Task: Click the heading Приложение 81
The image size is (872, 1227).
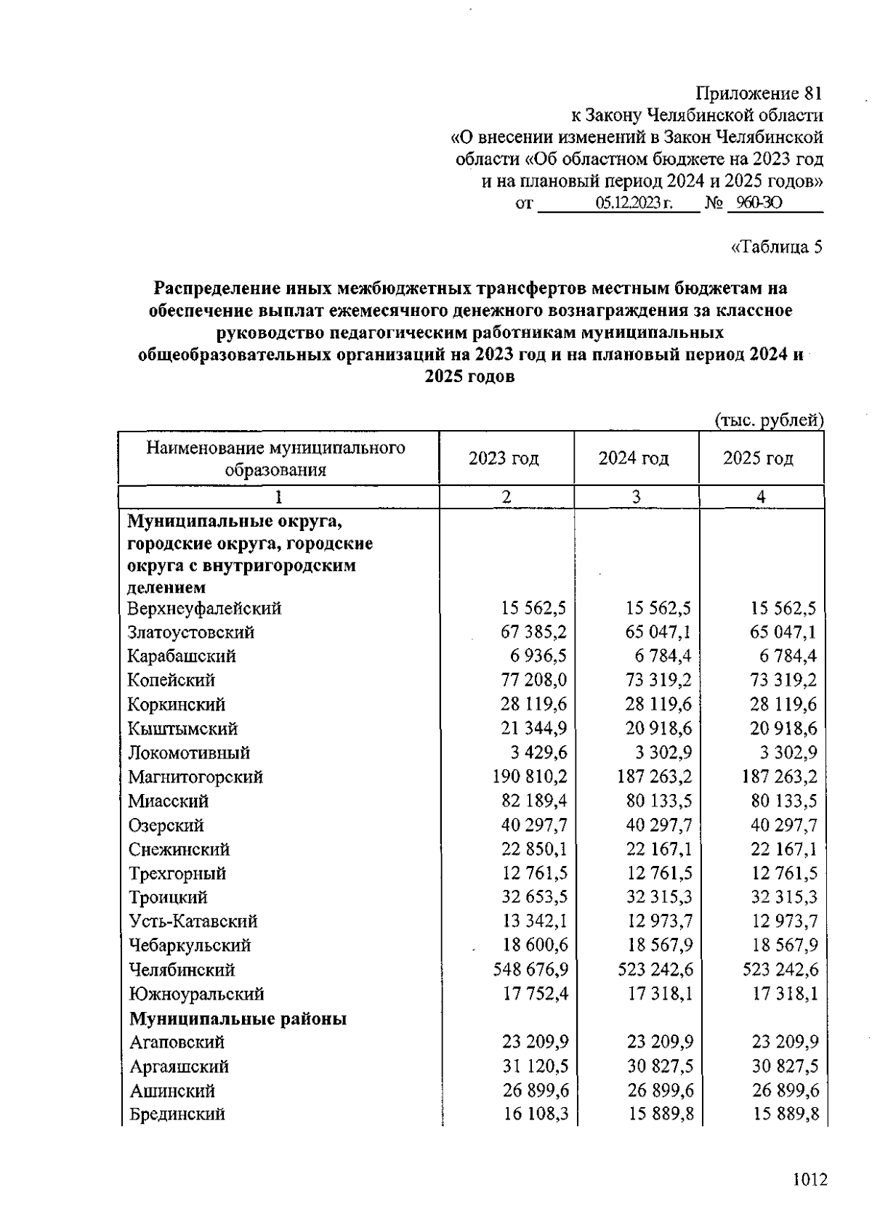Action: click(759, 94)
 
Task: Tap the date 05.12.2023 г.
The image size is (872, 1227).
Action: click(633, 203)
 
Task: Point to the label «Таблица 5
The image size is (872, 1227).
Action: click(776, 247)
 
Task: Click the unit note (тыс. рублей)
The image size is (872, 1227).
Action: click(770, 420)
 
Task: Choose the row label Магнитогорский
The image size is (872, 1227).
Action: click(195, 777)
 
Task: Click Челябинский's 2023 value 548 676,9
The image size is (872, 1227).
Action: click(530, 970)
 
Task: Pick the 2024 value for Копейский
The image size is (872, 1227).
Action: click(658, 681)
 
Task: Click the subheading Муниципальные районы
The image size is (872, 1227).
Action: click(238, 1019)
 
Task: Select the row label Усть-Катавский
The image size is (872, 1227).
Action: click(193, 922)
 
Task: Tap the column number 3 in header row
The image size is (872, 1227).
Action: click(636, 497)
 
